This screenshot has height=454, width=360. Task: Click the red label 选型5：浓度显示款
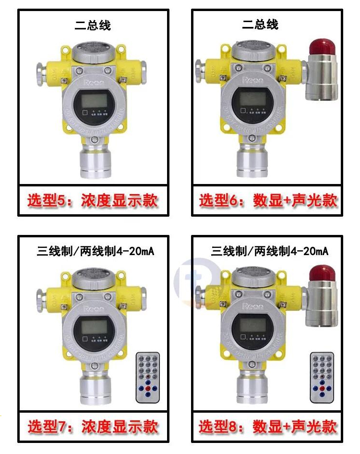(93, 200)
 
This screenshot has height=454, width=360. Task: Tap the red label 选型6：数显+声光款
(268, 200)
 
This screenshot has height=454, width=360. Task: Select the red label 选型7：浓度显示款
(93, 426)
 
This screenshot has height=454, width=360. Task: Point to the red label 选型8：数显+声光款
(268, 426)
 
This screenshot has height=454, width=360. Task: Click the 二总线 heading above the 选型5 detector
(93, 25)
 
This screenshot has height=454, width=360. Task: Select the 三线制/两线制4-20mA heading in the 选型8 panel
(270, 251)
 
